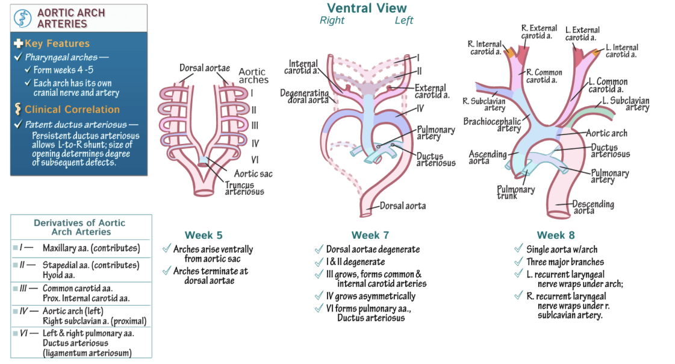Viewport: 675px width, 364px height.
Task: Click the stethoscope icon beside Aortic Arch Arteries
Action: click(23, 18)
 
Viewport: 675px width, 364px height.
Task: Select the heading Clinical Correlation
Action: click(72, 109)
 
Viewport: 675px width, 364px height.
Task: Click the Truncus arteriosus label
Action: click(244, 188)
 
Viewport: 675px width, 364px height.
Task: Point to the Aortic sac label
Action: click(253, 174)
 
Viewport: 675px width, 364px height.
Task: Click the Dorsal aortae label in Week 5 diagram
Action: click(204, 67)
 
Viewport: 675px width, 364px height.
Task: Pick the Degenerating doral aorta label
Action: click(304, 96)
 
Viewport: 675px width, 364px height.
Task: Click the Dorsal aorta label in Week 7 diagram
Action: click(402, 206)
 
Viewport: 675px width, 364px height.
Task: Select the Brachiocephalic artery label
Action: click(492, 125)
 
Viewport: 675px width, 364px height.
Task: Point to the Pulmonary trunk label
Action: click(515, 192)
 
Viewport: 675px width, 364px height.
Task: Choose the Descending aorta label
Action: click(593, 207)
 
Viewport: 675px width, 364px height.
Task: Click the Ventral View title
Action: click(366, 8)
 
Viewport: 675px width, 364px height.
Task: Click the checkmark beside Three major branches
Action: click(519, 262)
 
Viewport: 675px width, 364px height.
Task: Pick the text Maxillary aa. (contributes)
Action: click(91, 248)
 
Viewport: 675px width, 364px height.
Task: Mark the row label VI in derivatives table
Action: click(24, 333)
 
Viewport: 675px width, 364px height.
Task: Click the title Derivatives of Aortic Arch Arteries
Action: click(81, 227)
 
